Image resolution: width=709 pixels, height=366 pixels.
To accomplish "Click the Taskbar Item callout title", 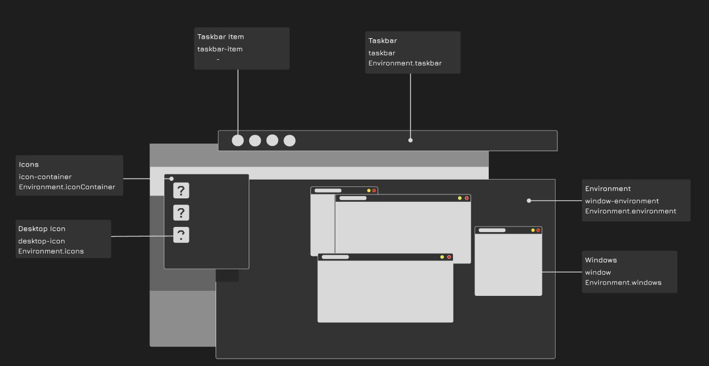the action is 221,37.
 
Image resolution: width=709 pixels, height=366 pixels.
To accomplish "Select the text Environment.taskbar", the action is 405,63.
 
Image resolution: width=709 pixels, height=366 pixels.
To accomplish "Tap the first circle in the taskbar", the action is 238,140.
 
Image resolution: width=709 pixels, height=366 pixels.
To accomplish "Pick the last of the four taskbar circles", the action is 290,140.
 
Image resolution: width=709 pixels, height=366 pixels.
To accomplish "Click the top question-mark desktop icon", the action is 181,190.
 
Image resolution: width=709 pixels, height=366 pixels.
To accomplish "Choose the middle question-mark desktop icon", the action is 181,213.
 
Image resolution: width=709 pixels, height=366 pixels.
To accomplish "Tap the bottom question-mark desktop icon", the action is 181,235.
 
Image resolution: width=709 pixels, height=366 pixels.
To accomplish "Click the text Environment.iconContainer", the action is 67,187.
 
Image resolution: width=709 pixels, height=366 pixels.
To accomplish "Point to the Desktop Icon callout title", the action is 42,229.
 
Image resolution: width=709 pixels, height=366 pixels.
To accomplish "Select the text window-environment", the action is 622,201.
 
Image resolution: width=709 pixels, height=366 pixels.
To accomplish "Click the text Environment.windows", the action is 623,282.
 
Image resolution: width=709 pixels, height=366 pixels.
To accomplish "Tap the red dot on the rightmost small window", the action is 538,230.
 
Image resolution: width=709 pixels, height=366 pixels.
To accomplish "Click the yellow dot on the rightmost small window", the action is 533,230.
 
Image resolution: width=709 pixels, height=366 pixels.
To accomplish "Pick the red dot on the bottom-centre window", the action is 449,257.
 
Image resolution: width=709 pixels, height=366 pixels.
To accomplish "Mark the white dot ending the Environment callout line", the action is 529,201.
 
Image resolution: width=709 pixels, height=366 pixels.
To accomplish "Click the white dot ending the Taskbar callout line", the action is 410,140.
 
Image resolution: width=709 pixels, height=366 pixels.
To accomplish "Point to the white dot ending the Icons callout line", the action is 172,178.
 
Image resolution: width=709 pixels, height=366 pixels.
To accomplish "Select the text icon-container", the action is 45,177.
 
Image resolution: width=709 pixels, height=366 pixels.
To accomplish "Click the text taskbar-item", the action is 220,49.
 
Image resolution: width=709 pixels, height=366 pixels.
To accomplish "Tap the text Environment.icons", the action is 51,251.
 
